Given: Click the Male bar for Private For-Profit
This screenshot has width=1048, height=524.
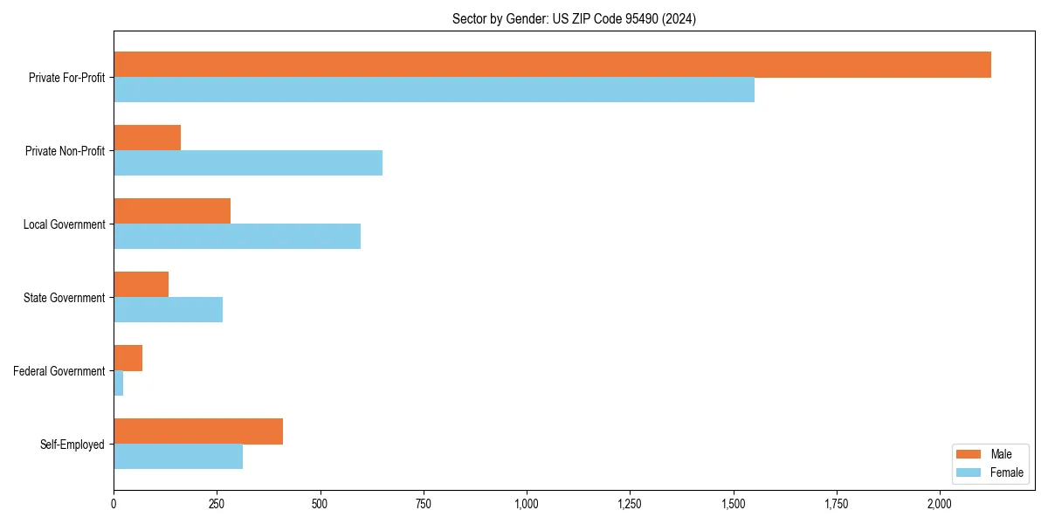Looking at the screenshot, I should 552,65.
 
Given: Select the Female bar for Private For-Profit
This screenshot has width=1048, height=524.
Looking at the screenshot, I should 434,90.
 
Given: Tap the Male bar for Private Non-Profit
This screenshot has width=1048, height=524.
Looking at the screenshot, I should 147,138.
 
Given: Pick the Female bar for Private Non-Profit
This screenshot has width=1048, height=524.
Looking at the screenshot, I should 248,163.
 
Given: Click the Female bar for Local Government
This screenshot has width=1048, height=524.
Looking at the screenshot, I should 237,236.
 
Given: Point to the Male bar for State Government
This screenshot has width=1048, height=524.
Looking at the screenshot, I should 141,285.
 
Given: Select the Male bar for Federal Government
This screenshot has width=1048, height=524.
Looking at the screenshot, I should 128,358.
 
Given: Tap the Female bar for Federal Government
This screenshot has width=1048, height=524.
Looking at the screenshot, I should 118,383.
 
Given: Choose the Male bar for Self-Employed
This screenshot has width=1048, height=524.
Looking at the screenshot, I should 198,431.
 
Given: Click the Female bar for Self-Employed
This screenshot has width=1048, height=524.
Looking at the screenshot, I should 178,457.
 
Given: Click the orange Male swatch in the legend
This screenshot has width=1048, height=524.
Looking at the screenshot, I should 969,454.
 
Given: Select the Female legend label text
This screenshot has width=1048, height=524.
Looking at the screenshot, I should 1006,472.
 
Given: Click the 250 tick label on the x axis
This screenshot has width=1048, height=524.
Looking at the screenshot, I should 217,504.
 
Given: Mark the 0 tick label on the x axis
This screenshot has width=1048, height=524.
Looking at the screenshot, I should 114,504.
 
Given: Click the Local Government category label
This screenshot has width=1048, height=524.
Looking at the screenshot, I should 64,224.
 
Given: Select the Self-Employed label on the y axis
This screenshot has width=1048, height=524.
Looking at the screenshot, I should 72,445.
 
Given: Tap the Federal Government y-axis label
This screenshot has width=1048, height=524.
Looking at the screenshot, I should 59,371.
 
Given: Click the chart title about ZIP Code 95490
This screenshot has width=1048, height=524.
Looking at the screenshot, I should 574,18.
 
